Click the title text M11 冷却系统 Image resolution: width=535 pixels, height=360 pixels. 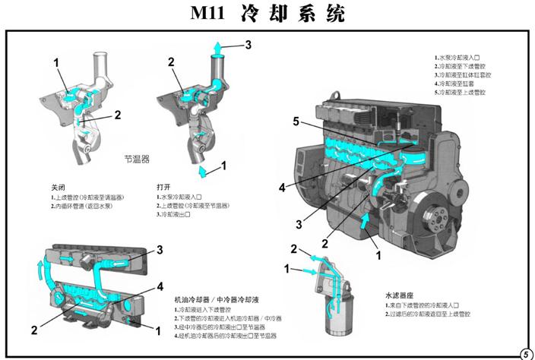click(x=267, y=14)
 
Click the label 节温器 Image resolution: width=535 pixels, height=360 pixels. click(x=137, y=159)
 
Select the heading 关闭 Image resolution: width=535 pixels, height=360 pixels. click(x=59, y=187)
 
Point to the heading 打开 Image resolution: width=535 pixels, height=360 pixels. click(x=164, y=187)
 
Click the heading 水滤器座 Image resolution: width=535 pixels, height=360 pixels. click(x=402, y=293)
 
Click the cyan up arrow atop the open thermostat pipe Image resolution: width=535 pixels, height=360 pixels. click(x=217, y=50)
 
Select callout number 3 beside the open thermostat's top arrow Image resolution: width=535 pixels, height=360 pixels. click(x=248, y=45)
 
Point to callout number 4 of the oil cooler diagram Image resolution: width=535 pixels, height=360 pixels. click(x=160, y=286)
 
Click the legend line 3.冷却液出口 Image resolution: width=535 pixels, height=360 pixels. click(x=173, y=215)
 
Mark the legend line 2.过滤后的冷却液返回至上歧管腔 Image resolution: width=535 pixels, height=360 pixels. click(x=428, y=313)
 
